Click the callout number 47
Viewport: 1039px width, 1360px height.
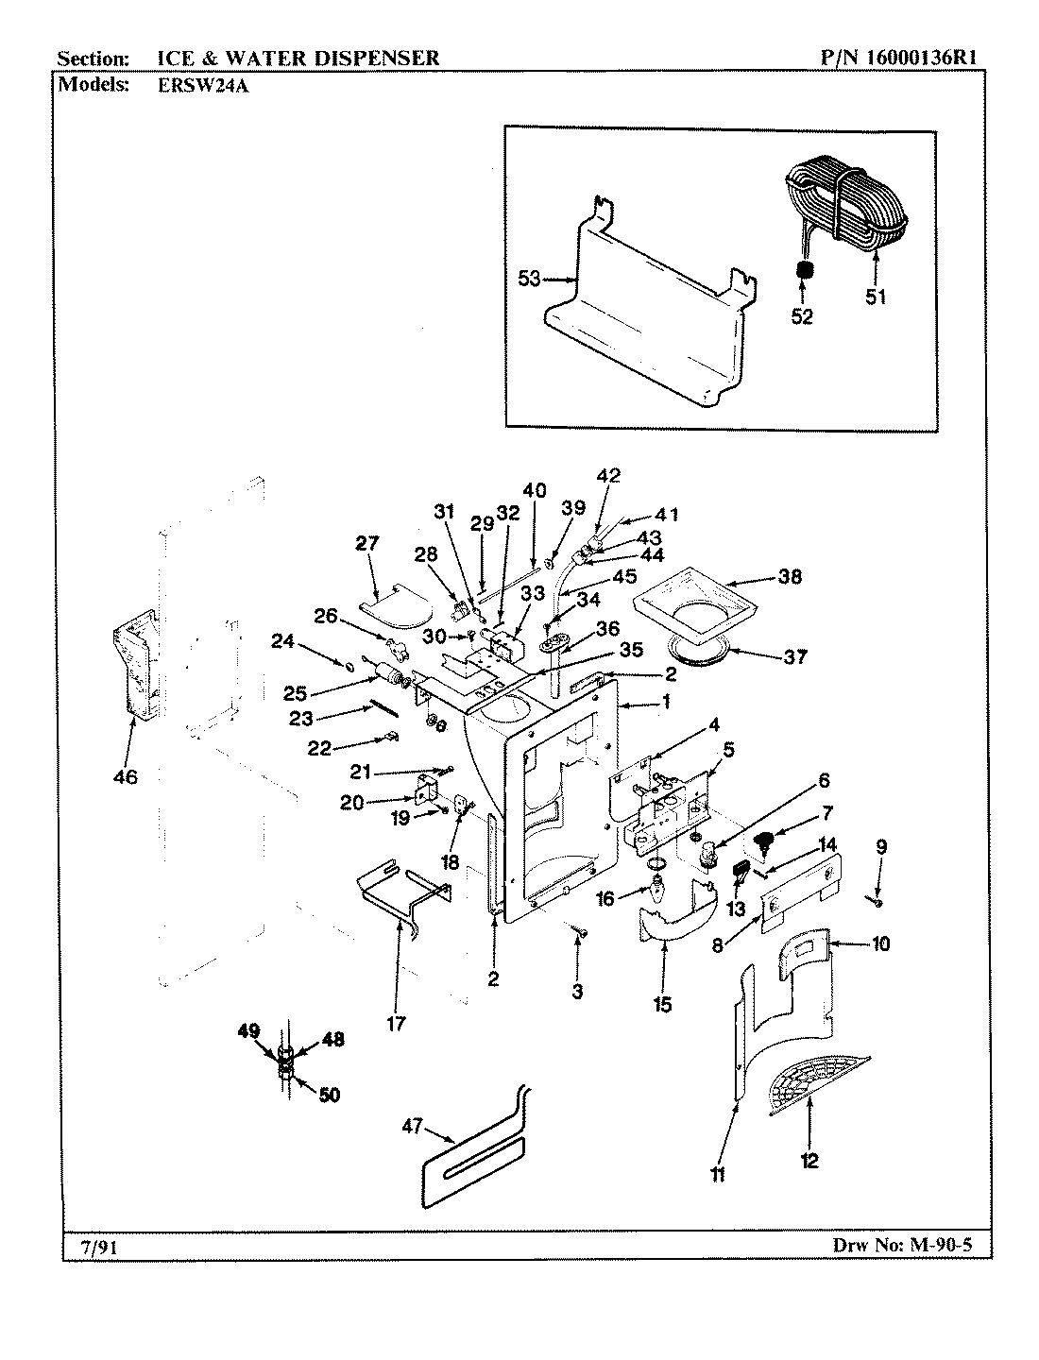410,1125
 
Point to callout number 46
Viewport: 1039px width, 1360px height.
126,777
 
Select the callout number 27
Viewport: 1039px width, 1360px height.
366,543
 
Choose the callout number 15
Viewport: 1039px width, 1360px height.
662,1004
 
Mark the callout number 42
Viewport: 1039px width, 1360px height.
608,475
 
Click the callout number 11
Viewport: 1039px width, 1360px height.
718,1174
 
